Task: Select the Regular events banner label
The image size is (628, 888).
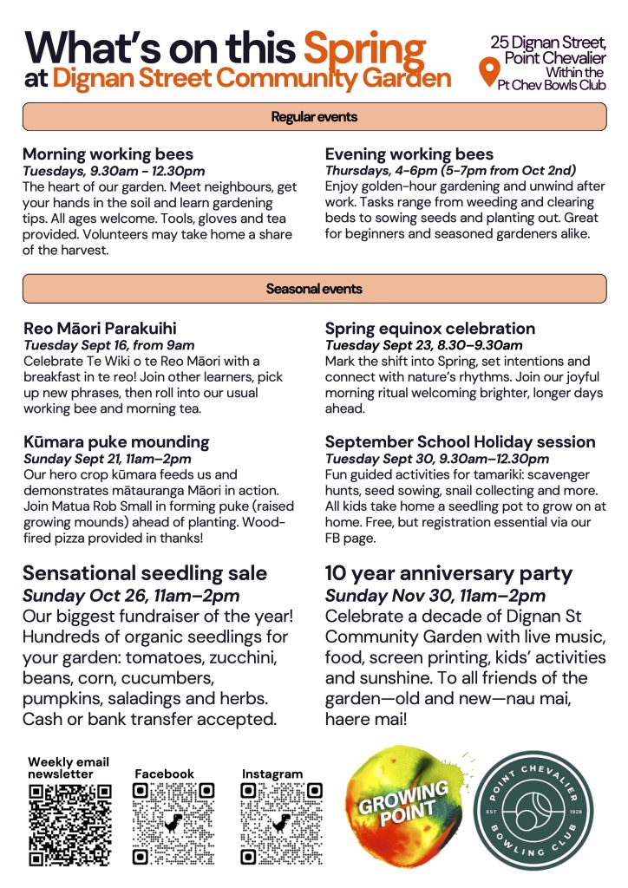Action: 314,116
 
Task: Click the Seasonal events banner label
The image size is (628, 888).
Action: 314,289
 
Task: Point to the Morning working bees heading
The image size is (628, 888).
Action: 108,155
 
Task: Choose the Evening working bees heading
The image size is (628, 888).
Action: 409,155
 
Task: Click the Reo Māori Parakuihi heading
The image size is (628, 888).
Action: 100,329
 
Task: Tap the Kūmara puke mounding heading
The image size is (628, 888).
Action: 116,442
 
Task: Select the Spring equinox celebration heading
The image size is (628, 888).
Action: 430,329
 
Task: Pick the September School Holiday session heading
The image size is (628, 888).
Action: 460,442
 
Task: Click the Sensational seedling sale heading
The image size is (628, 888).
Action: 145,573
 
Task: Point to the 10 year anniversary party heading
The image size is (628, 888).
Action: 448,573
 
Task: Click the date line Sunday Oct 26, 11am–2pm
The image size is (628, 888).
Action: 131,596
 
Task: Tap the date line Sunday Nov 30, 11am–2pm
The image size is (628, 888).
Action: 435,596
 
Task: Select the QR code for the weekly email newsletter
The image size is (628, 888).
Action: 70,824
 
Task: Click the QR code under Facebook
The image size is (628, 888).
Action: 173,824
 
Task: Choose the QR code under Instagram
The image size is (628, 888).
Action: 282,824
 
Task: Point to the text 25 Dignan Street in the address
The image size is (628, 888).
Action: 548,42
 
